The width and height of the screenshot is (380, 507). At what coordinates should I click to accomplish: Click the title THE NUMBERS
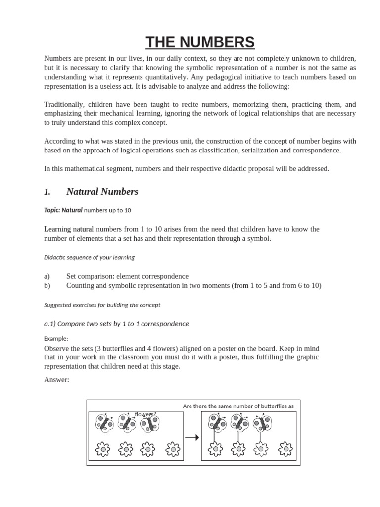point(200,42)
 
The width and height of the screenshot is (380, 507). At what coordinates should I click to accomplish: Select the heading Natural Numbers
point(102,192)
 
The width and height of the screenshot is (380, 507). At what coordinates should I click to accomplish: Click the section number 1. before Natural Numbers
point(47,192)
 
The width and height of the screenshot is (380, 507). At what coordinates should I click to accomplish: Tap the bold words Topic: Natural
point(63,210)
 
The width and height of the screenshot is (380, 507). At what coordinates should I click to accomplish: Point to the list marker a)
point(47,276)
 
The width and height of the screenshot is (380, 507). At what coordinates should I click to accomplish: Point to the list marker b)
point(47,286)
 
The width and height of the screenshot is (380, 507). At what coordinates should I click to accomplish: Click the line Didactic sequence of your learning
point(89,257)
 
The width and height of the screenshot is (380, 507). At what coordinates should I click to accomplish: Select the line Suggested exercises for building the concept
point(102,305)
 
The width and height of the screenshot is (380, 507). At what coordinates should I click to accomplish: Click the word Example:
point(56,338)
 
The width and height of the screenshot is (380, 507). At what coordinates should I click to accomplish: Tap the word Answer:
point(56,380)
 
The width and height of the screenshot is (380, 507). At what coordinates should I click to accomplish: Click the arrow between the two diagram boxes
point(191,437)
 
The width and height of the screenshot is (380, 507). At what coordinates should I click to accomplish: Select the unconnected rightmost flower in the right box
point(285,449)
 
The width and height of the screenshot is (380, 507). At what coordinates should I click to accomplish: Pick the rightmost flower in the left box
point(173,449)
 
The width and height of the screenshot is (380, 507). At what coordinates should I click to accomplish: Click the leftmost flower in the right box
point(215,449)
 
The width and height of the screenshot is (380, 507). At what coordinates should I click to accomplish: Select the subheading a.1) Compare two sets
point(116,324)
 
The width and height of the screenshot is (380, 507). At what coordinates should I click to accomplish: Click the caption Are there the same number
point(238,406)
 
